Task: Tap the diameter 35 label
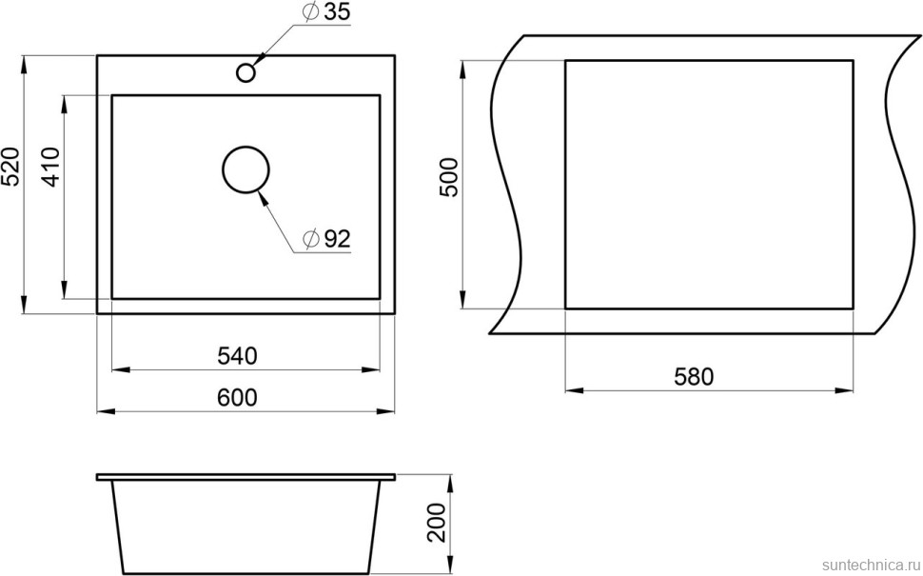[x=326, y=12]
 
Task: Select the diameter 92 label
[x=326, y=238]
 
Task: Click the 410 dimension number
[x=52, y=167]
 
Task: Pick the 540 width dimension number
[x=238, y=356]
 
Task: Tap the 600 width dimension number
[x=237, y=398]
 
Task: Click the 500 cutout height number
[x=450, y=177]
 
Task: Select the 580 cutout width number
[x=694, y=377]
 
